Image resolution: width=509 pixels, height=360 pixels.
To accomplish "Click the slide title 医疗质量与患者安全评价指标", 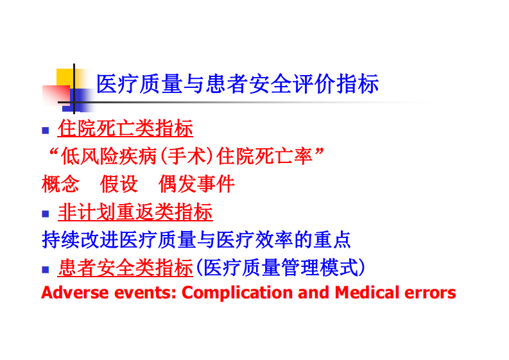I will click(x=237, y=84).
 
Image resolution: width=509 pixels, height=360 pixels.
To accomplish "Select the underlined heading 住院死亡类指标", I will click(x=125, y=128).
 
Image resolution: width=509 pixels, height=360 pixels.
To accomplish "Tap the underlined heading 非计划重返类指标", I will click(x=135, y=212).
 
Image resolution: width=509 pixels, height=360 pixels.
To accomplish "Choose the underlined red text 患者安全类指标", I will click(x=125, y=267).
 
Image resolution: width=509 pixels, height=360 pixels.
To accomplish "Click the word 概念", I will click(x=60, y=184).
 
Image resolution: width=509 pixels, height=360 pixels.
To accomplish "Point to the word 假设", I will click(x=119, y=184).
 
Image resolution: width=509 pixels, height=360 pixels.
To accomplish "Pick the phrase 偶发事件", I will click(x=196, y=184).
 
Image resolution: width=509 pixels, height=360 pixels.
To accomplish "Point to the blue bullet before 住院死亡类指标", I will click(x=46, y=130).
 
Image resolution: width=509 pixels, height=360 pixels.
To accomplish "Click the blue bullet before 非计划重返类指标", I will click(x=46, y=213).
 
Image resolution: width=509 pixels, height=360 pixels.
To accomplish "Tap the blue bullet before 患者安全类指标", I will click(x=46, y=268).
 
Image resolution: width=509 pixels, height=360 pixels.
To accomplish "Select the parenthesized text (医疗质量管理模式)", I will click(x=280, y=267).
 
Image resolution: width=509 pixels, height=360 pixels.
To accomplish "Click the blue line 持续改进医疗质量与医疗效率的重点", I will click(x=196, y=239).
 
